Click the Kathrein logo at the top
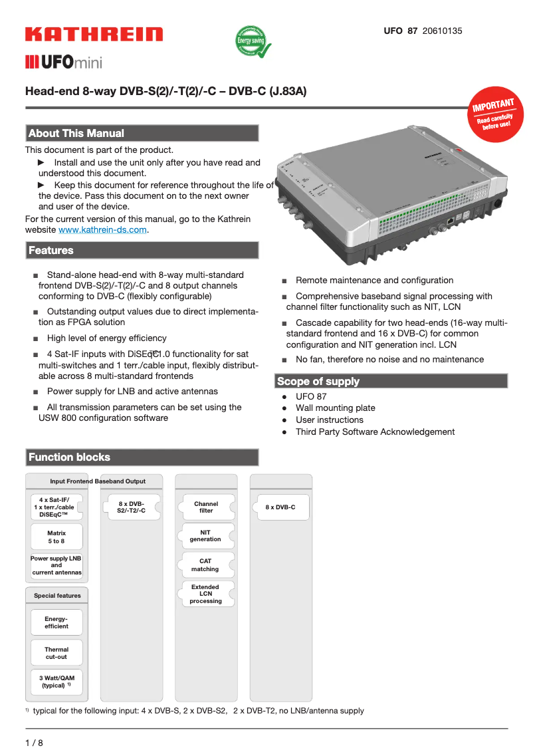(x=94, y=35)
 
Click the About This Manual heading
(x=142, y=134)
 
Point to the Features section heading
(x=142, y=251)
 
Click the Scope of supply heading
(x=391, y=381)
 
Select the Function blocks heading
(x=142, y=457)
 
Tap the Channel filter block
(x=206, y=507)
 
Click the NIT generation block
(x=206, y=536)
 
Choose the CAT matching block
(x=206, y=565)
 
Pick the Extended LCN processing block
(x=206, y=594)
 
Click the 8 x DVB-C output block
(x=280, y=507)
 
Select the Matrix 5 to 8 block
(x=56, y=537)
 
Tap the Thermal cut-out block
(x=56, y=653)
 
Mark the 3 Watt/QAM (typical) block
(x=56, y=681)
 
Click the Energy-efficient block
(x=56, y=622)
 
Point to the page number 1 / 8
(x=34, y=743)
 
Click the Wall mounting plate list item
(x=335, y=408)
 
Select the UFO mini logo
(x=64, y=63)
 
